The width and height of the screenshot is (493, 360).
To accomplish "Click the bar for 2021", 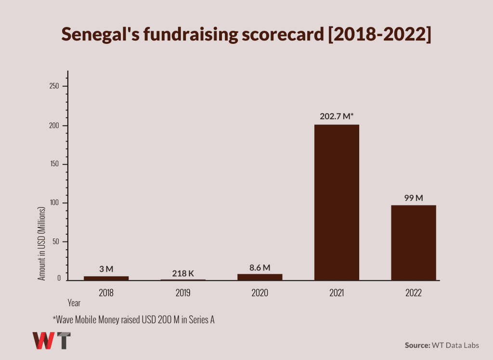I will click(337, 202).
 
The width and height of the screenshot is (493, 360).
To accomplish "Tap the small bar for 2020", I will click(260, 277).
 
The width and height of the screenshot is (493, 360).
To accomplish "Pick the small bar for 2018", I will click(106, 278).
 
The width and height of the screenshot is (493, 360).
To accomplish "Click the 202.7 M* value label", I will click(337, 116).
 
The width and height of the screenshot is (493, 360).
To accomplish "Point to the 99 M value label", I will click(414, 197).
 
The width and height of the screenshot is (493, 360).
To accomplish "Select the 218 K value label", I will click(183, 273).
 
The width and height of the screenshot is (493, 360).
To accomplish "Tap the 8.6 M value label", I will click(260, 267).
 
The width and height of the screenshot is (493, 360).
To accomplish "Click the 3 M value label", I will click(106, 269).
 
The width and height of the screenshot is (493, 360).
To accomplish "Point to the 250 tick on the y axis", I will click(56, 86).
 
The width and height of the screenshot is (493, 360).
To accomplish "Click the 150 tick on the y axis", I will click(56, 164).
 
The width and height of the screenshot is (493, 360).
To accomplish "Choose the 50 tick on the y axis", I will click(57, 241).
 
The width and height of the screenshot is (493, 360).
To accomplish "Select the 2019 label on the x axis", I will click(183, 293).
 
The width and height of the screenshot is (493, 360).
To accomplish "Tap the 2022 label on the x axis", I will click(414, 293).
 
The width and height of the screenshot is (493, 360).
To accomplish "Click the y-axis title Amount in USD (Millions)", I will click(42, 244).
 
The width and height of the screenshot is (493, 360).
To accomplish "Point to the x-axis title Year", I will click(74, 304).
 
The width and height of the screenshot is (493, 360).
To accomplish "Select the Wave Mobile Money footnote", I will click(133, 320).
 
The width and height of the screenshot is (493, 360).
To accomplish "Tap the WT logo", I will click(52, 340).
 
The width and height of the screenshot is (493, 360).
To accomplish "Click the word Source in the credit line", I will click(417, 345).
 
